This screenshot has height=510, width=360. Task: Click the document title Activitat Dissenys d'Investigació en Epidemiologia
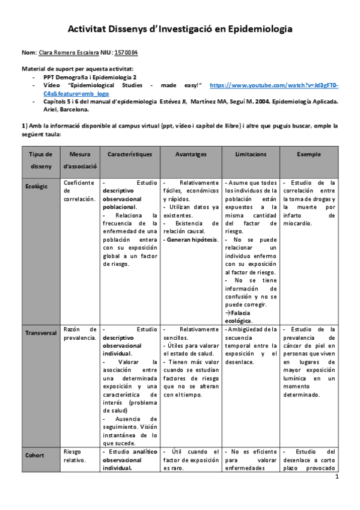point(180,28)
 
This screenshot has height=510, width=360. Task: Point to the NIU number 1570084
point(127,53)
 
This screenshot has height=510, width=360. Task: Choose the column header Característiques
point(130,155)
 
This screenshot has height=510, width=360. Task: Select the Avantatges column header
point(191,155)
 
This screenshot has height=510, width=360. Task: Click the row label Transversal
point(41,333)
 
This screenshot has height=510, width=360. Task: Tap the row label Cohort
point(34,455)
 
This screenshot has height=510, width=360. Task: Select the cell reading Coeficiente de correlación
point(79,190)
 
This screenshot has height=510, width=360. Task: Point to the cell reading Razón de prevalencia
point(79,333)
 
